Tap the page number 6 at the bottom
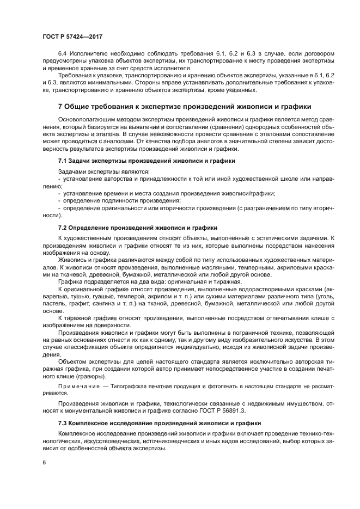[x=44, y=462]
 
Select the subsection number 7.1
[x=63, y=162]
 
